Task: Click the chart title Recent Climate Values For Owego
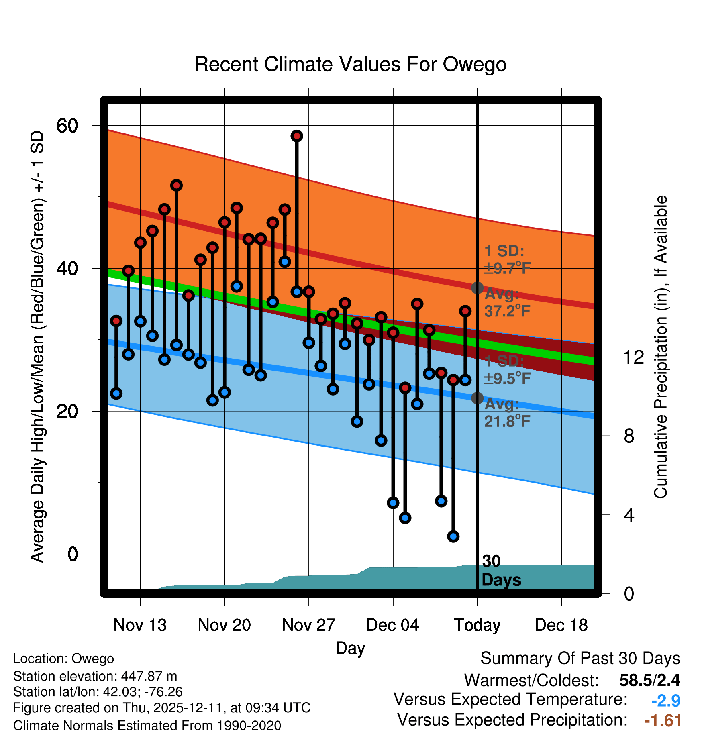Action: (x=350, y=65)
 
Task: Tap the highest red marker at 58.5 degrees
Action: (x=297, y=136)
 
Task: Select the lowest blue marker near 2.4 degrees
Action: (x=453, y=536)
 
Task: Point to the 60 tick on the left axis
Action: (x=67, y=126)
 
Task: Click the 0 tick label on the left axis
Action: (x=73, y=554)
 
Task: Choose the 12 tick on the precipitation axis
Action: (x=633, y=357)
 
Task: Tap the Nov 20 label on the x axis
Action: (x=224, y=625)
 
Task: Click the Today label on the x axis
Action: (x=477, y=625)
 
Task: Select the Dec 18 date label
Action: (x=561, y=625)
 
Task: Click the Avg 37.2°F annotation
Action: (x=507, y=303)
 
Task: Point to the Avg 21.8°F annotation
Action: (x=507, y=413)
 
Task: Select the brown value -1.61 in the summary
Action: (x=663, y=720)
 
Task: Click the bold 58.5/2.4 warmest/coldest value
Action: (x=649, y=680)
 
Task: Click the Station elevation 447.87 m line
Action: (x=95, y=676)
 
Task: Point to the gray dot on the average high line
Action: (x=477, y=288)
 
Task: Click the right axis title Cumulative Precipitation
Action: (x=661, y=347)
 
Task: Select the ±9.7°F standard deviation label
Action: (x=507, y=268)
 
